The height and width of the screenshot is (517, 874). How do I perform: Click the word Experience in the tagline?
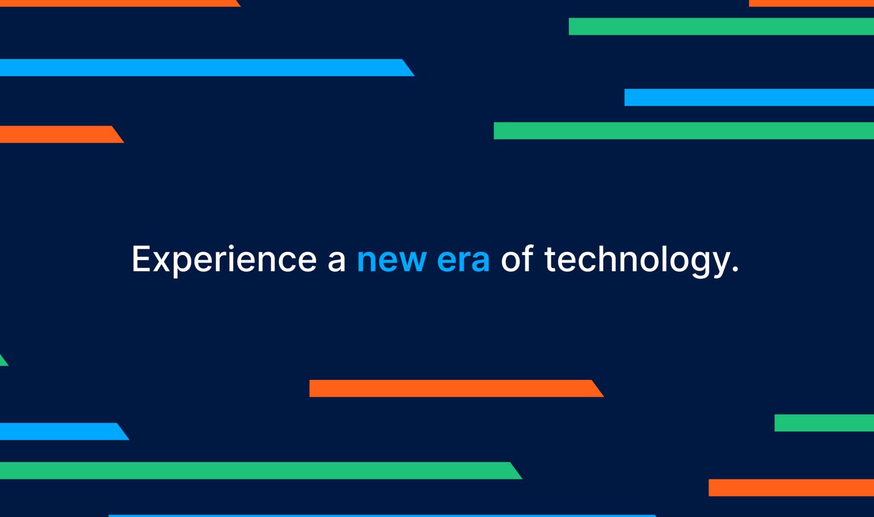pyautogui.click(x=224, y=260)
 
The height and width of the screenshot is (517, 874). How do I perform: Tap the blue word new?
pyautogui.click(x=391, y=260)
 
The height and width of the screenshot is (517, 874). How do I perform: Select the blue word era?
pyautogui.click(x=463, y=260)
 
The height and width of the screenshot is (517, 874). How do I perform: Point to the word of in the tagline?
pyautogui.click(x=517, y=260)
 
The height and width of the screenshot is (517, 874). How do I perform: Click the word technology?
pyautogui.click(x=636, y=260)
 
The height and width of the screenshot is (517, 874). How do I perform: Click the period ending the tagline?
pyautogui.click(x=736, y=270)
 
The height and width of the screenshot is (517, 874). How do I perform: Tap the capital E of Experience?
pyautogui.click(x=140, y=260)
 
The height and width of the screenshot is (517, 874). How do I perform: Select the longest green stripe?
pyautogui.click(x=256, y=470)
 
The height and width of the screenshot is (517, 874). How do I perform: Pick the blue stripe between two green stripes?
pyautogui.click(x=748, y=97)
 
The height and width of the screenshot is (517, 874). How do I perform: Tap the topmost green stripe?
pyautogui.click(x=720, y=26)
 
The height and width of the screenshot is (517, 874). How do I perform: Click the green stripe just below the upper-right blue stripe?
pyautogui.click(x=683, y=130)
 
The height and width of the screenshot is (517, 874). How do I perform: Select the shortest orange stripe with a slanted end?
pyautogui.click(x=57, y=134)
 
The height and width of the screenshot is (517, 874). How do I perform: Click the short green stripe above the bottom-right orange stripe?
pyautogui.click(x=823, y=423)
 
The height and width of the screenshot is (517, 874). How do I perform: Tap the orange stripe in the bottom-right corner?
pyautogui.click(x=790, y=487)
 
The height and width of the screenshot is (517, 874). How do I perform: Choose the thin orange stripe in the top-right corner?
pyautogui.click(x=811, y=3)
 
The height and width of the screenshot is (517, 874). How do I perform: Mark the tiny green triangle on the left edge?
pyautogui.click(x=3, y=361)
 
